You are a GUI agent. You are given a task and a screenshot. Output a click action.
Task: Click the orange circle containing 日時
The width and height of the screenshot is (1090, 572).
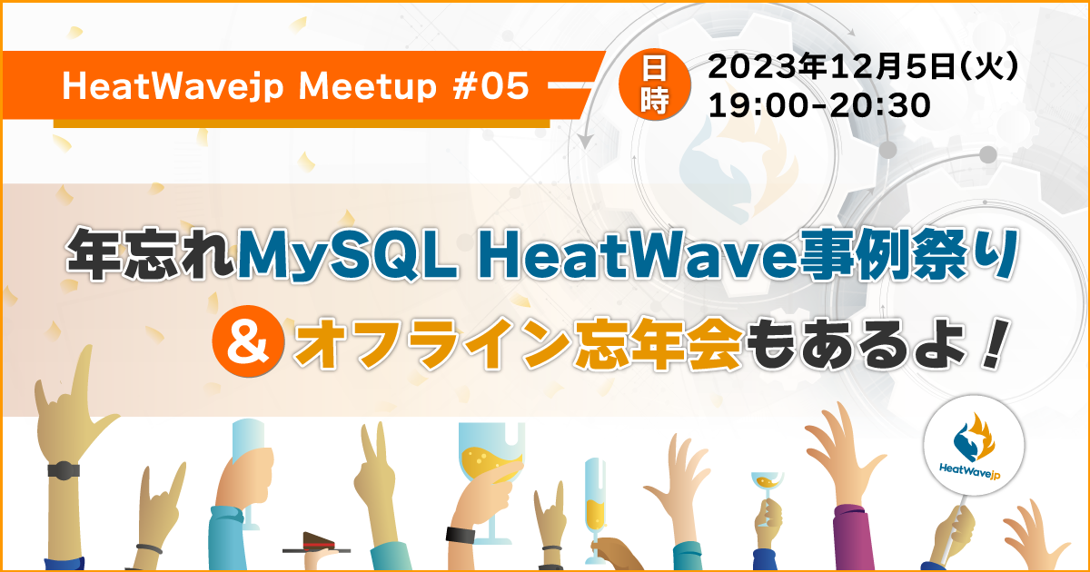tap(655, 84)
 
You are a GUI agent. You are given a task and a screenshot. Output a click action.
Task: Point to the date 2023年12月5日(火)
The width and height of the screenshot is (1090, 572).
tap(862, 66)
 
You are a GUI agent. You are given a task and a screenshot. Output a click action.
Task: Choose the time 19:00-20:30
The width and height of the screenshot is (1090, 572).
tap(819, 105)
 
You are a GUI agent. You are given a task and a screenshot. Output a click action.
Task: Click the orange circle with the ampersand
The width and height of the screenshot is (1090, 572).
tap(248, 341)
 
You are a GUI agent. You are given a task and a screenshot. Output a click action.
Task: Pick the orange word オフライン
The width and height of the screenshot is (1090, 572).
tap(432, 343)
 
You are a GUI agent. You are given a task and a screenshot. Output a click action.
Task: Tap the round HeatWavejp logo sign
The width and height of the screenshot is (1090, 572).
tap(973, 445)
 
